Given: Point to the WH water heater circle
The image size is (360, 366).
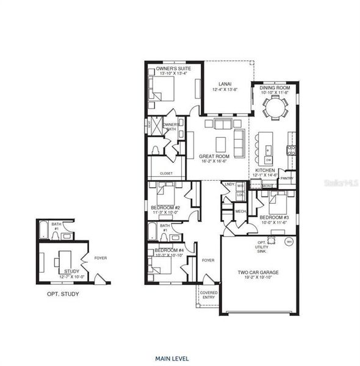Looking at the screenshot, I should click(289, 242).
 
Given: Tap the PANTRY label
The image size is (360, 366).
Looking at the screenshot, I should click(287, 178).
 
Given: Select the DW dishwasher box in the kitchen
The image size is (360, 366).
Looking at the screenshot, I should click(268, 160).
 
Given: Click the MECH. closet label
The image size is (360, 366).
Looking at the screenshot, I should click(240, 212).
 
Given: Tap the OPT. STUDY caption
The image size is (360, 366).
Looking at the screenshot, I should click(63, 294).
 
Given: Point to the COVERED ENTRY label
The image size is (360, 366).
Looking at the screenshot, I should click(208, 294).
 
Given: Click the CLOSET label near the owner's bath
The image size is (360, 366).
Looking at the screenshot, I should click(166, 173).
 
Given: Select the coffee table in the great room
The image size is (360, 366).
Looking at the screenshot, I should click(220, 143).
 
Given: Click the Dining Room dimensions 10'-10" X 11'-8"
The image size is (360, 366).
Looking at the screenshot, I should click(274, 93).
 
